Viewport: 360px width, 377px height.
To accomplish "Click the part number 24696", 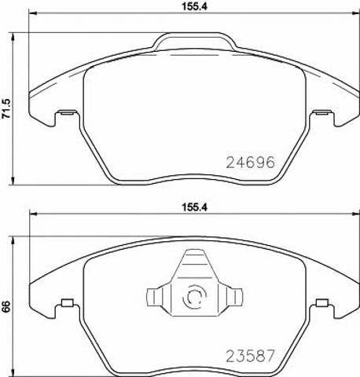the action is pos(250,163).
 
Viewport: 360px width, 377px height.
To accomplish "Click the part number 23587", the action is pos(250,356).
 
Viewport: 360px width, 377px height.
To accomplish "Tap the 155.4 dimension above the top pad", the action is pos(194,7).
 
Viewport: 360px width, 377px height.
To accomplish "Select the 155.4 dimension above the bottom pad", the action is pos(194,207).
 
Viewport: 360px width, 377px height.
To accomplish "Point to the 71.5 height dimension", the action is pos(6,108).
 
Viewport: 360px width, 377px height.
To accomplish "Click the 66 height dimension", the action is pos(6,306).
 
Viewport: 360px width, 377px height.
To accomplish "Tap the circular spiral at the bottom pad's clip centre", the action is pos(194,298).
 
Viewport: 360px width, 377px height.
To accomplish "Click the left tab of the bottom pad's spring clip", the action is pos(154,298).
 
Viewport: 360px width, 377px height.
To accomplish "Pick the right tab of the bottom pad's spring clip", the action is pos(235,298).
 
